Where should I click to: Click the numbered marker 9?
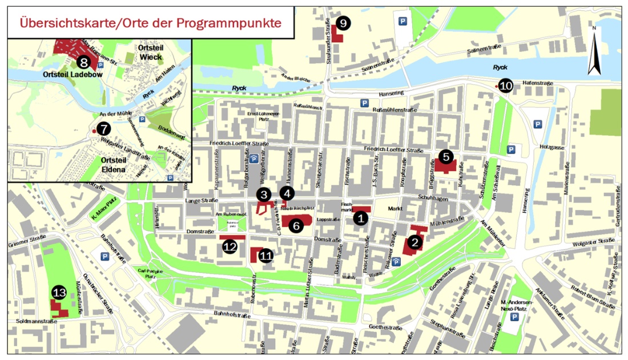[343, 23]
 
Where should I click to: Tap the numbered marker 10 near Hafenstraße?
[506, 86]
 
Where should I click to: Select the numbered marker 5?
[446, 156]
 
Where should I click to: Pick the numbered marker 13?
[59, 292]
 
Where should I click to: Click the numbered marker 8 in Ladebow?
[83, 62]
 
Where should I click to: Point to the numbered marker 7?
[103, 129]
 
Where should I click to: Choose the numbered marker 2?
[415, 242]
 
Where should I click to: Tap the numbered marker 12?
[230, 246]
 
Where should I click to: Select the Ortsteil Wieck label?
[151, 52]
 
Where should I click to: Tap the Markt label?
[395, 209]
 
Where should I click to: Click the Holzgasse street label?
[550, 147]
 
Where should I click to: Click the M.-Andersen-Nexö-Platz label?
[516, 305]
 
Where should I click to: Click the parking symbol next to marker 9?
[404, 22]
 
